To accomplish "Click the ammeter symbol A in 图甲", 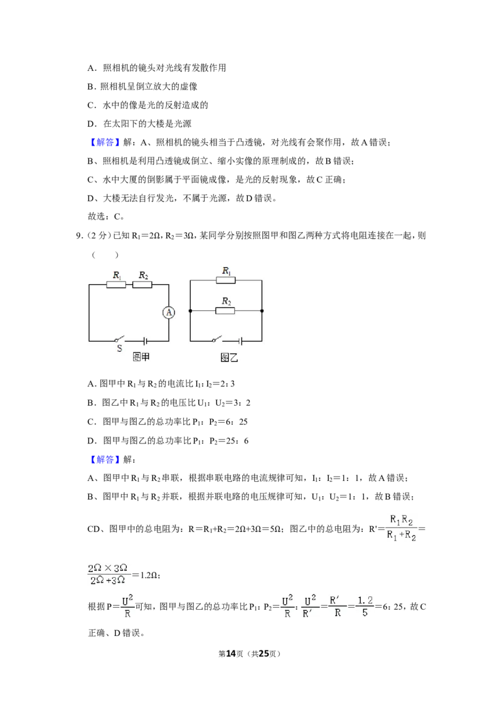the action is coord(169,312).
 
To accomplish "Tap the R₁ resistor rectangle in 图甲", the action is coord(116,284).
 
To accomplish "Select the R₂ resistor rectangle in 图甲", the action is coord(142,284).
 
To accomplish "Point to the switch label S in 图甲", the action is coord(120,348).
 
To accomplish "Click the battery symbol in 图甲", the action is coord(145,341).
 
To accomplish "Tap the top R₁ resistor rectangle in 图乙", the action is coord(226,280).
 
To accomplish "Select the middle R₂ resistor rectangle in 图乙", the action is coord(225,311).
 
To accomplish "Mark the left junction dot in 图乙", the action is coord(190,311).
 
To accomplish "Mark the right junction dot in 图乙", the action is coord(262,311).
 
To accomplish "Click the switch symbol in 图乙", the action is coord(216,339).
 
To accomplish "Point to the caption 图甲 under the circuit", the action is coord(141,358).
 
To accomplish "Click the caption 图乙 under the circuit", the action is coord(229,358).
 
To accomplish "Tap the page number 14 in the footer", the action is coord(231,654).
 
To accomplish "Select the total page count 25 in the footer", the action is coord(264,654).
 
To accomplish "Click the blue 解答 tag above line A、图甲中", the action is coord(105,460).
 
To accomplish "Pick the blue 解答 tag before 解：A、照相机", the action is coord(105,142).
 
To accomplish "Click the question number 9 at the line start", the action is coord(79,235).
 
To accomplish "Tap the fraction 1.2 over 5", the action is coord(365,607).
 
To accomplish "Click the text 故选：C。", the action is coord(106,216).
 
